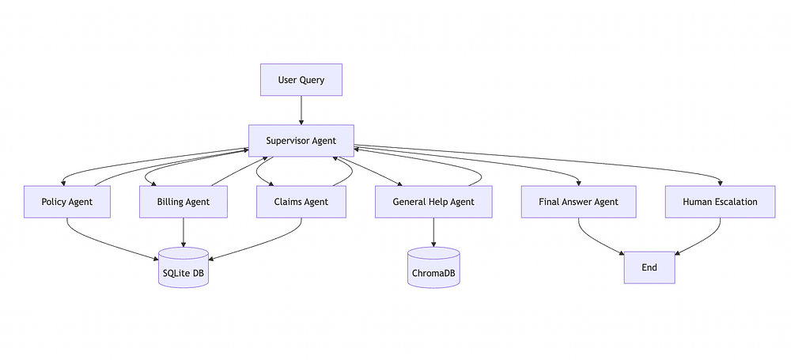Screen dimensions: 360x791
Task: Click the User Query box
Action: coord(301,80)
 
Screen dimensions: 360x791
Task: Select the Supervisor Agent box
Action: coord(301,141)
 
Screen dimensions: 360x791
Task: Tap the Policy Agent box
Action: coord(66,202)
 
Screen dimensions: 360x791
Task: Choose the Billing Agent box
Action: coord(184,202)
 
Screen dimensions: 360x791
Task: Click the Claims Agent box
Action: coord(301,202)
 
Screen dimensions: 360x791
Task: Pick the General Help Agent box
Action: coord(433,202)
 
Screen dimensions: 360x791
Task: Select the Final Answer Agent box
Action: coord(578,202)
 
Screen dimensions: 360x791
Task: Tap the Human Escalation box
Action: coord(720,202)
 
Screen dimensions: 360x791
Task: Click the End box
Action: coord(649,267)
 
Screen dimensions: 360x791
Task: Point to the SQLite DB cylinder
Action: coord(184,268)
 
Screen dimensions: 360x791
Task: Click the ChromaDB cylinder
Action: coord(433,268)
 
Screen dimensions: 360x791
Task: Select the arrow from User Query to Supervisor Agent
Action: coord(301,110)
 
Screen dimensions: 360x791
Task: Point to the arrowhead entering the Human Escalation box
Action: coord(720,183)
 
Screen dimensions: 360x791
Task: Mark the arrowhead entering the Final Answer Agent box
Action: coord(578,183)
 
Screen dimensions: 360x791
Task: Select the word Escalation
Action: coord(735,202)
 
